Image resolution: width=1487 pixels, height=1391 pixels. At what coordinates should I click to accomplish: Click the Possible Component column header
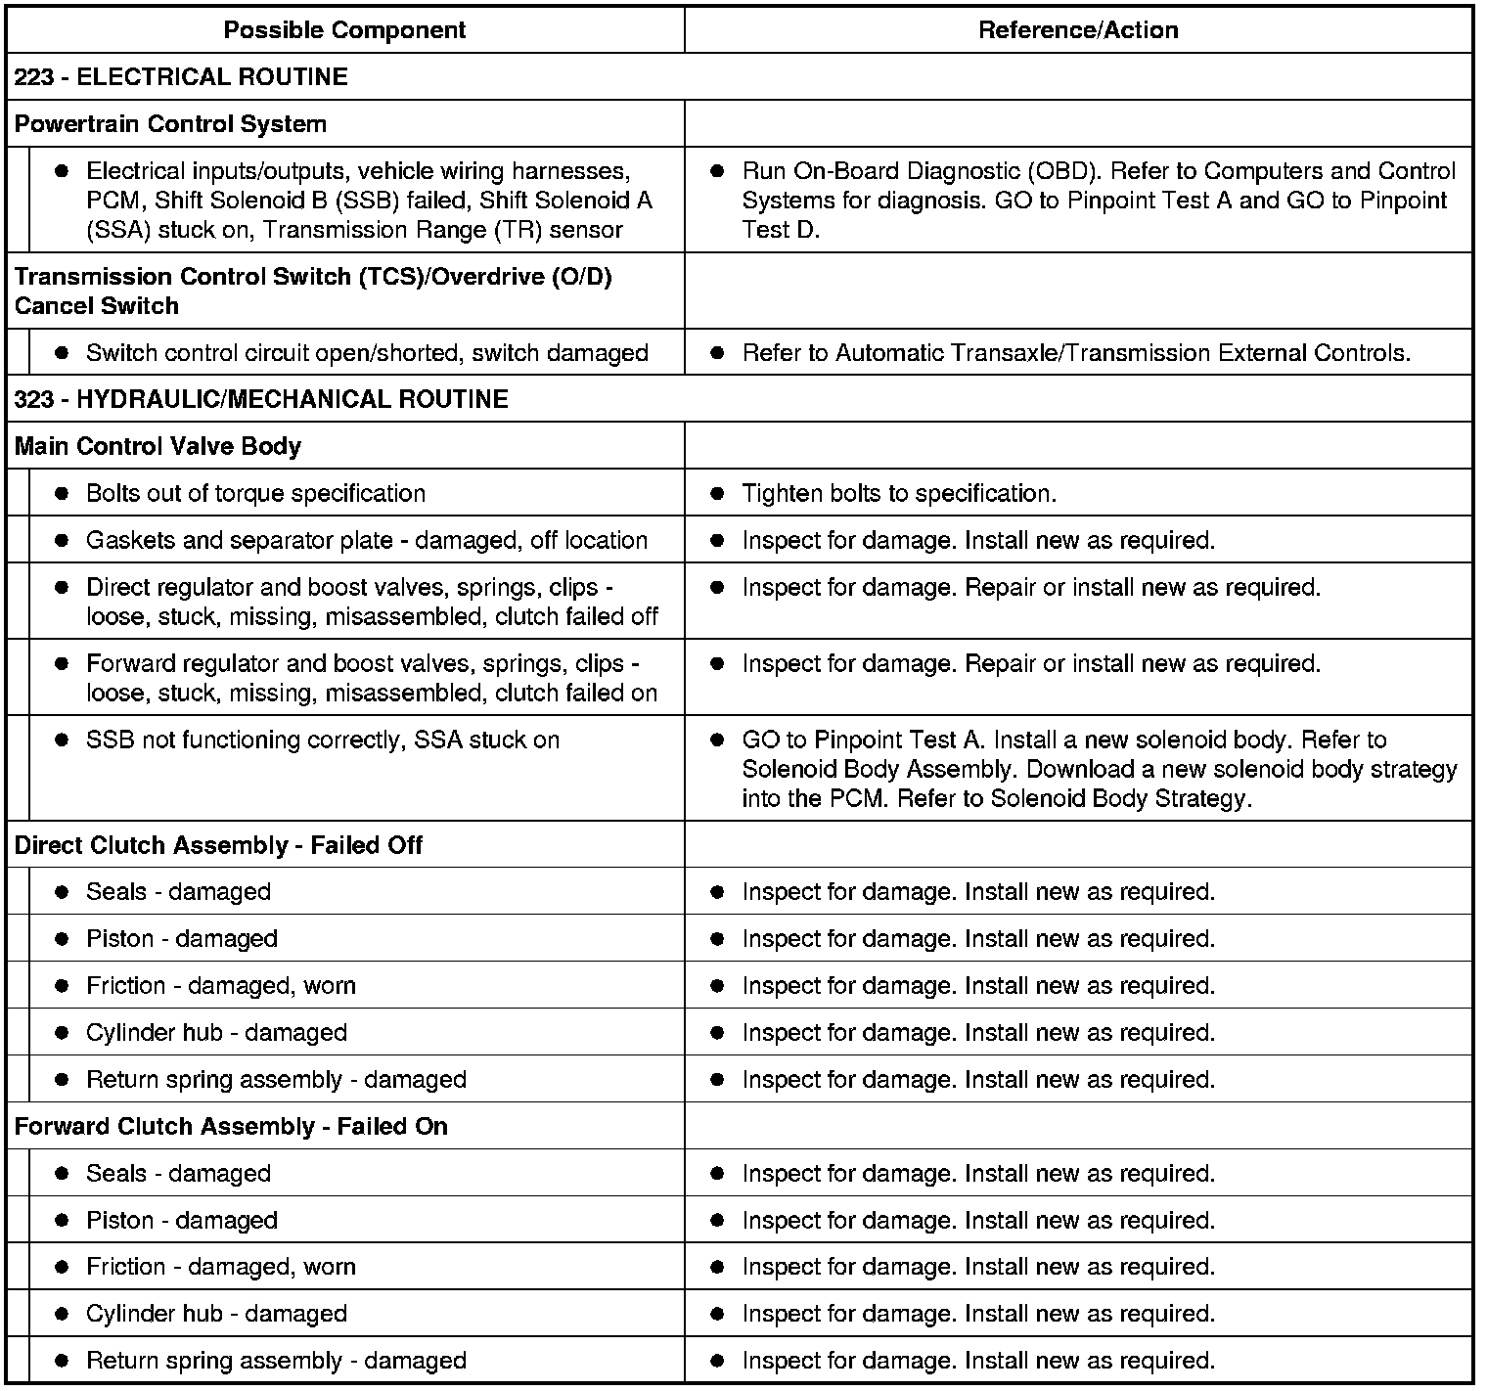(x=344, y=30)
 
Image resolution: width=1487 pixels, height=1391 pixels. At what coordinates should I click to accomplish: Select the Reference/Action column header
(x=1078, y=30)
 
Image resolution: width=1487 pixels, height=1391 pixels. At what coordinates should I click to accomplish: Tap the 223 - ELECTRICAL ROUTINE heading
(x=181, y=77)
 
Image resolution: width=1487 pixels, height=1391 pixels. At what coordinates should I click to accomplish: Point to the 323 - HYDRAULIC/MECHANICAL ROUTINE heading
(x=261, y=399)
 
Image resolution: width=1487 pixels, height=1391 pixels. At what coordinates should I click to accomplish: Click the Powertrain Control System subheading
(x=170, y=124)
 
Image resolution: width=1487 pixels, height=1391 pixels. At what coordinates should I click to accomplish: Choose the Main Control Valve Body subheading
(x=158, y=446)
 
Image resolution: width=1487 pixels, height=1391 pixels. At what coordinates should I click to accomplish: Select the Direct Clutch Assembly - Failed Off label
(x=218, y=845)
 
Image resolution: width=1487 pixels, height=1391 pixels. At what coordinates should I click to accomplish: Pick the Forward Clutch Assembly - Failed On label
(x=231, y=1126)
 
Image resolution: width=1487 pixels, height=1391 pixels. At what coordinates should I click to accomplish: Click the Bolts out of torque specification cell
(x=255, y=493)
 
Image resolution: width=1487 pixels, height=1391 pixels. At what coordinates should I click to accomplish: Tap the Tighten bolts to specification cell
(x=899, y=493)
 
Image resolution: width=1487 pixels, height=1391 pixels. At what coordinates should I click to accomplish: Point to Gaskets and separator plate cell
(x=367, y=540)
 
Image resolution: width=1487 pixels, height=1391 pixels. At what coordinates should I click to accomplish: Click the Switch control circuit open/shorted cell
(x=367, y=353)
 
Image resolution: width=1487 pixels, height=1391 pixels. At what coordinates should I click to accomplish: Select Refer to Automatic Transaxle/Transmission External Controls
(x=1076, y=353)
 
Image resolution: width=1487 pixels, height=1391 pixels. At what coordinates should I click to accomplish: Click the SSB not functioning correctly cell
(x=323, y=740)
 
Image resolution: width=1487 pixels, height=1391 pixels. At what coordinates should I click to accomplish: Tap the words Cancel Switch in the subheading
(x=97, y=306)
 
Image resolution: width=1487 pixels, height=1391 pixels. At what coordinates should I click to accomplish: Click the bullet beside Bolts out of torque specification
(x=62, y=493)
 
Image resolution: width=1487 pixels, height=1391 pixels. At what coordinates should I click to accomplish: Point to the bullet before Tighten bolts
(x=717, y=493)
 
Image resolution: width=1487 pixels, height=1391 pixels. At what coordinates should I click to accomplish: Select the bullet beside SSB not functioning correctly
(x=62, y=740)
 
